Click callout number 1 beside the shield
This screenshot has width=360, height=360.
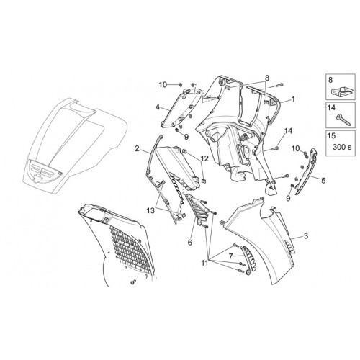point(292,99)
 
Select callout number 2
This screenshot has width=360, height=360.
point(137,148)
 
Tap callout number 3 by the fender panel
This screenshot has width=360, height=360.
point(305,236)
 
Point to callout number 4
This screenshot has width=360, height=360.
point(158,107)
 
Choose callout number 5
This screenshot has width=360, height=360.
point(323,180)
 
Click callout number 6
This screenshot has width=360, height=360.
point(190,243)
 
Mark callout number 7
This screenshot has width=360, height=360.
point(231,256)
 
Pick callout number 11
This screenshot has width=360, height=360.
point(204,263)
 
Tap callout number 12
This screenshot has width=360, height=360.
point(204,158)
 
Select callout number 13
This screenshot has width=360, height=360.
point(151,211)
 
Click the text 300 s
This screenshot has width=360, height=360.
point(342,147)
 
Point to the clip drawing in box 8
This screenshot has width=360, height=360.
point(341,91)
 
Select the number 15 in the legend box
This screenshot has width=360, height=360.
point(331,135)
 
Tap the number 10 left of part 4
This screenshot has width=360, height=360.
point(163,84)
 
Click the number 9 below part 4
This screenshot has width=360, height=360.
point(186,137)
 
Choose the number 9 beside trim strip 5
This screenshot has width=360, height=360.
point(288,198)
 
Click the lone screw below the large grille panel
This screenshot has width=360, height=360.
point(132,282)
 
